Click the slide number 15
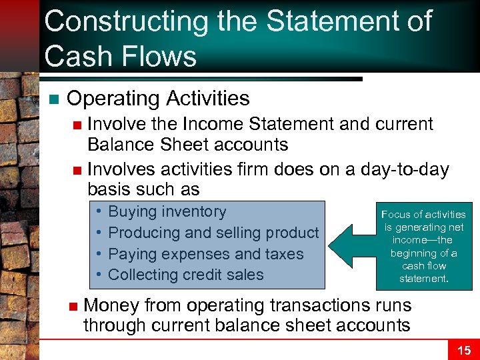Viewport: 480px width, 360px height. point(463,350)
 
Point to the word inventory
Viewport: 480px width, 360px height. point(195,212)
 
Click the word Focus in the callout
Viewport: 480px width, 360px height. point(394,215)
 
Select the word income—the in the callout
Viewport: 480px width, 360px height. point(423,240)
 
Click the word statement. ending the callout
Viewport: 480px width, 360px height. point(423,278)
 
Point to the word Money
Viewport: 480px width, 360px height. point(111,305)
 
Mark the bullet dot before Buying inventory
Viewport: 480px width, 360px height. point(98,212)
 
